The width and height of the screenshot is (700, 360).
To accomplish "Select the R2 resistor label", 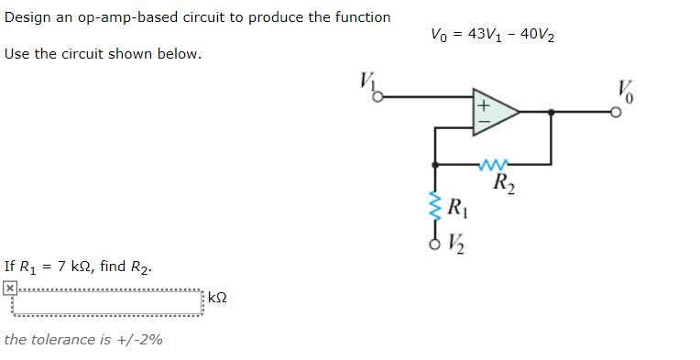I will [503, 181].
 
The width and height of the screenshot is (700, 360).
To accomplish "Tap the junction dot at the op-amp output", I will [551, 112].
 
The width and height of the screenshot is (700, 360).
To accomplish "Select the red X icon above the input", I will [9, 288].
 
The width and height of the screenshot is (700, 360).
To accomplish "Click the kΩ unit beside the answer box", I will [217, 299].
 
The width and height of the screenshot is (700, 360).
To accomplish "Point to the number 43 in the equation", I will [476, 34].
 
